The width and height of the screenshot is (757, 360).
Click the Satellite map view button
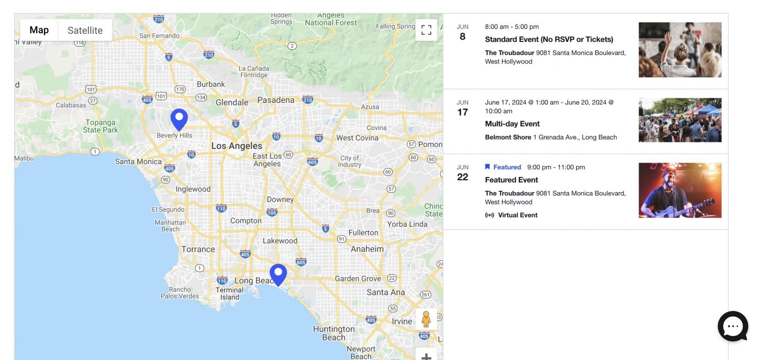[x=85, y=31]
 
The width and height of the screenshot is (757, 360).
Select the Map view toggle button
[x=39, y=30]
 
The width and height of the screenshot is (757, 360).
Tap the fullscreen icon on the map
[x=426, y=30]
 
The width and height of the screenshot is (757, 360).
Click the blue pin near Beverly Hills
[x=179, y=118]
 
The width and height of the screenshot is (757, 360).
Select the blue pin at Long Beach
[x=278, y=274]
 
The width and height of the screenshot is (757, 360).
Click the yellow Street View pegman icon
[x=426, y=319]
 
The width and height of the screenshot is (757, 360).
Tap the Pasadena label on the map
[x=276, y=100]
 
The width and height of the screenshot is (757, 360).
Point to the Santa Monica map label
[x=138, y=162]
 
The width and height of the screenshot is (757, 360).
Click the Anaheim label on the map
[x=367, y=249]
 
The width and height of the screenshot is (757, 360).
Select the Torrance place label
[x=198, y=250]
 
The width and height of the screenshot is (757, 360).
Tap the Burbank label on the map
[x=211, y=85]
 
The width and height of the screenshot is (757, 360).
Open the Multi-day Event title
[x=512, y=124]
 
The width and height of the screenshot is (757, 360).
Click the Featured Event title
[x=511, y=180]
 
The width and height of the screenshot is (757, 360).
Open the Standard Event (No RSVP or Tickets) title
[x=549, y=39]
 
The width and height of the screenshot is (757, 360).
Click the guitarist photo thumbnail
[x=679, y=190]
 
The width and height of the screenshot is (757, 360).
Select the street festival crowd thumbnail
[x=679, y=120]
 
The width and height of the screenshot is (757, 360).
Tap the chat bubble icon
[x=732, y=326]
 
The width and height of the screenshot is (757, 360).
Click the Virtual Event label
[x=517, y=215]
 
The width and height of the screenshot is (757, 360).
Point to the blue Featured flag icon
[x=487, y=167]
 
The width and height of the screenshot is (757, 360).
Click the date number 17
[x=462, y=112]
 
